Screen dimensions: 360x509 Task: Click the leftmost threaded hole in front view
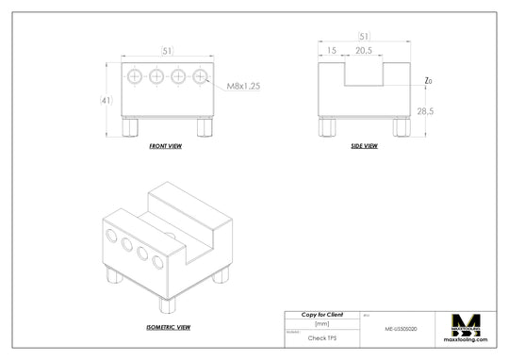tap(135, 75)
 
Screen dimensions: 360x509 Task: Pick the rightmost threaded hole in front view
tap(200, 75)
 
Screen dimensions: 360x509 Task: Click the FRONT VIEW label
tap(166, 147)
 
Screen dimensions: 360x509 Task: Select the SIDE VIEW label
tap(364, 146)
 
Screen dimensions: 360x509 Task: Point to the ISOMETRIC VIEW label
tap(169, 327)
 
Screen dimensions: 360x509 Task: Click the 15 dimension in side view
tap(331, 51)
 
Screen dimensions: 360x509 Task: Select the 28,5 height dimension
tap(426, 111)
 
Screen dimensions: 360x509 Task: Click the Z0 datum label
tap(428, 81)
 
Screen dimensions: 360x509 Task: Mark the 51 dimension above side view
tap(364, 37)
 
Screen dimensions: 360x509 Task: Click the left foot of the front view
tap(132, 126)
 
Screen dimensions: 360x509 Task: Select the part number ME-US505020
tap(402, 331)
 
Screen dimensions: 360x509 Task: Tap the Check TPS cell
tap(321, 335)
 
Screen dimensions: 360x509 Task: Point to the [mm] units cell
tap(321, 323)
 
